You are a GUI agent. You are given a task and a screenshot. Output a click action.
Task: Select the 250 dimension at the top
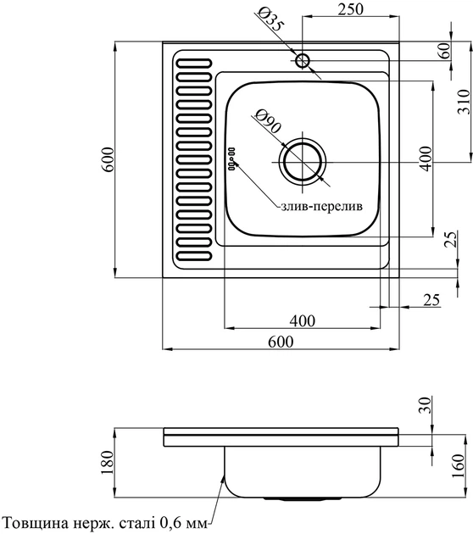tap(350, 9)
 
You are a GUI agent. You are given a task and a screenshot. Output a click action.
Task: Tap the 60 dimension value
tap(444, 50)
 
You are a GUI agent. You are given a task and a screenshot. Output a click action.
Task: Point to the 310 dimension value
tap(463, 102)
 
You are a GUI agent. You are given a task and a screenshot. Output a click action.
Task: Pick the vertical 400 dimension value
tap(426, 159)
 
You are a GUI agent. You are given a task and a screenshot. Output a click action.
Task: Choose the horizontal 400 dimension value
tap(303, 320)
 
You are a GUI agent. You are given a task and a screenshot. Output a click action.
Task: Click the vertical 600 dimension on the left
tap(108, 159)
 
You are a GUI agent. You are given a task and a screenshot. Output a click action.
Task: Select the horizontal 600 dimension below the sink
tap(281, 342)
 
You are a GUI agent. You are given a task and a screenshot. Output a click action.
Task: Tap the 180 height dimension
tap(108, 463)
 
